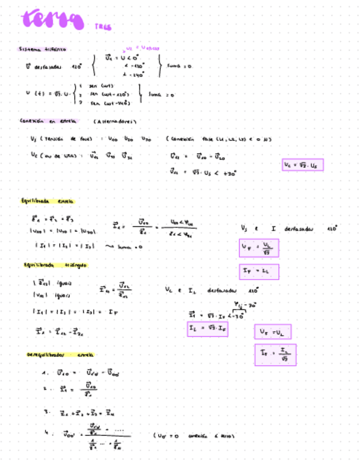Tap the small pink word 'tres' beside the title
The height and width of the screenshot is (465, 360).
coord(103,26)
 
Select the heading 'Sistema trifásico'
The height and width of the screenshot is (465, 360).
coord(42,49)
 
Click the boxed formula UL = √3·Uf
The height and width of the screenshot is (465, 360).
coord(303,165)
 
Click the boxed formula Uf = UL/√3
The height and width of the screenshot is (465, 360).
coord(259,248)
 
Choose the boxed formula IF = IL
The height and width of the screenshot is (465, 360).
coord(259,271)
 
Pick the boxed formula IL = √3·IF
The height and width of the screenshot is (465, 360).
coord(208,329)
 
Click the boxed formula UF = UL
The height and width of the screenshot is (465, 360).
coord(272,332)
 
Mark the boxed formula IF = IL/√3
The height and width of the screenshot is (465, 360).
coord(275,355)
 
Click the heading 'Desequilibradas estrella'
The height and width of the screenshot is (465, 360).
coord(60,355)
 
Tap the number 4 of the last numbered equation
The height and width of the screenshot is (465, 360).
coord(46,432)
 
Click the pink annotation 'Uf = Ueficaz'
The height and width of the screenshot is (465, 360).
coord(140,48)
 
